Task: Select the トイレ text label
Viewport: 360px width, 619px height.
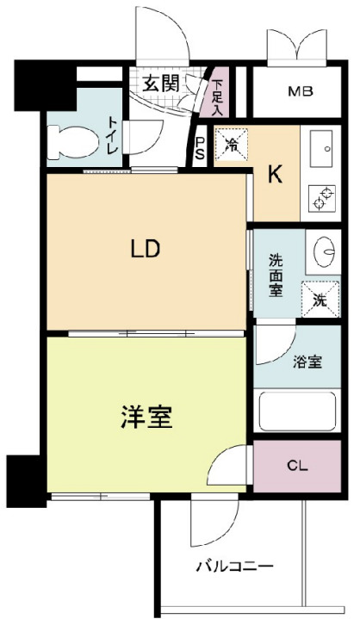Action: [112, 136]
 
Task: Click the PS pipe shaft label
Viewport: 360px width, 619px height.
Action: [200, 150]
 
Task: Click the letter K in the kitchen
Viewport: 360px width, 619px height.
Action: [275, 176]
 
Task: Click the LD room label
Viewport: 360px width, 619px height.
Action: [146, 250]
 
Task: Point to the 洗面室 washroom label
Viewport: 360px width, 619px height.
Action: [276, 273]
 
